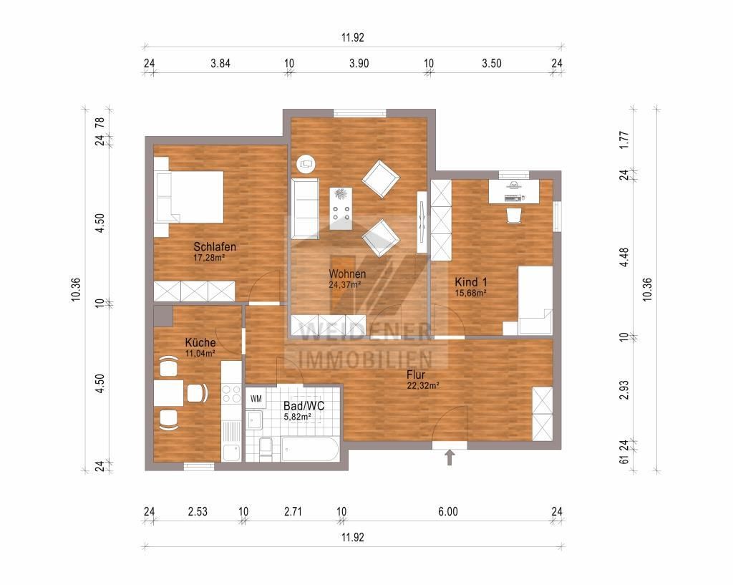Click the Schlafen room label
215,247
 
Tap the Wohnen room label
347,274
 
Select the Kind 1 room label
470,282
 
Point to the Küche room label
200,342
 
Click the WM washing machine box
256,398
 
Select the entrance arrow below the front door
450,458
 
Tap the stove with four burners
232,393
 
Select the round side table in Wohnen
307,163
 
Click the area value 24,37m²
344,284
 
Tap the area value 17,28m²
209,257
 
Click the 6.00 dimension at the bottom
447,511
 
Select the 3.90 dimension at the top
359,63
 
